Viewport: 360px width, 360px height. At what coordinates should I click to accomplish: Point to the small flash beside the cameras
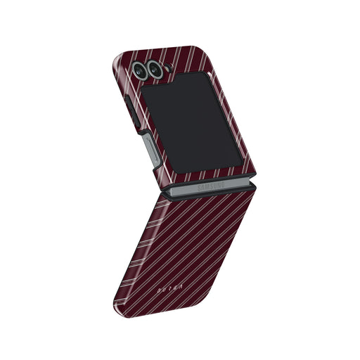tap(168, 68)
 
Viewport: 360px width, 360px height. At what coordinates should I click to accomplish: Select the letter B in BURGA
tap(140, 287)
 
